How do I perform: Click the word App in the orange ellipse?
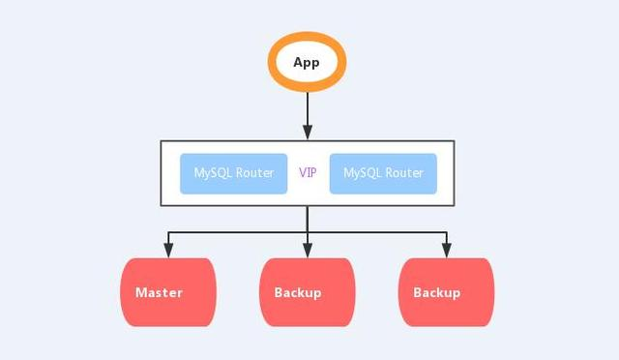(307, 63)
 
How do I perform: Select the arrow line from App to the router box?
(308, 111)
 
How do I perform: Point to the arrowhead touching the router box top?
(308, 135)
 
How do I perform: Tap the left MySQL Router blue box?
(233, 173)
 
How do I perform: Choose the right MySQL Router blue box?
(383, 173)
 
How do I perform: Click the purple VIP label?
(308, 173)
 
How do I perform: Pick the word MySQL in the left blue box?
(214, 173)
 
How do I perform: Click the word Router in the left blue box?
(255, 173)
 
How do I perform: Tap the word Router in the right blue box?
(405, 173)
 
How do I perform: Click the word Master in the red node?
(159, 292)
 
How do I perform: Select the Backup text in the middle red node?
(298, 292)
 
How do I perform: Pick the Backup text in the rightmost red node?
(437, 292)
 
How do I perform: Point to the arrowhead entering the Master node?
(168, 251)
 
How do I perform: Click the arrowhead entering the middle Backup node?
(308, 251)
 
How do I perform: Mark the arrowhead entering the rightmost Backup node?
(447, 251)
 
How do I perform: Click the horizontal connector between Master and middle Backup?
(237, 233)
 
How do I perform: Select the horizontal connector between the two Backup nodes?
(377, 233)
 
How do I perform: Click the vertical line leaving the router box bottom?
(308, 219)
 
